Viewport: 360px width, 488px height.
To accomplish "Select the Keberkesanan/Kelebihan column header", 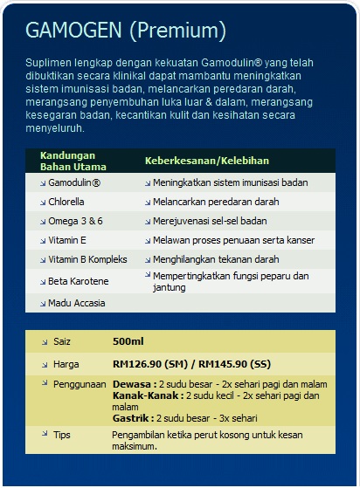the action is coord(206,162).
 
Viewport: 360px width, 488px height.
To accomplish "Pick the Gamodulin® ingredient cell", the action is coord(74,182).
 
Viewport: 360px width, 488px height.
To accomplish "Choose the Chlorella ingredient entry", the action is coord(66,202).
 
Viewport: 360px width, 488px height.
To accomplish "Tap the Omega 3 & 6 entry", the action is coord(75,221).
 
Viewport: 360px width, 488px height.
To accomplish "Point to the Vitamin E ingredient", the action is coord(67,240).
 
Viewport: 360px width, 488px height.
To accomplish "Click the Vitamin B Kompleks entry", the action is coord(87,259).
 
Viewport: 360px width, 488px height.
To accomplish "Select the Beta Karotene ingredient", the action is coord(78,281).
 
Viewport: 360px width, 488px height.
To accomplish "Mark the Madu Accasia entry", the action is coord(77,303).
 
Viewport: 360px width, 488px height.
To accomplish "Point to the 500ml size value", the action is coord(128,341).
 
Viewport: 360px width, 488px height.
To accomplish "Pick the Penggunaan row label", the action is coord(80,383).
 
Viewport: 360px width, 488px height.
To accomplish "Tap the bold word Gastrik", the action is coord(132,418).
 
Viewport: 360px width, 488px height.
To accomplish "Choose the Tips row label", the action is coord(62,435).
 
